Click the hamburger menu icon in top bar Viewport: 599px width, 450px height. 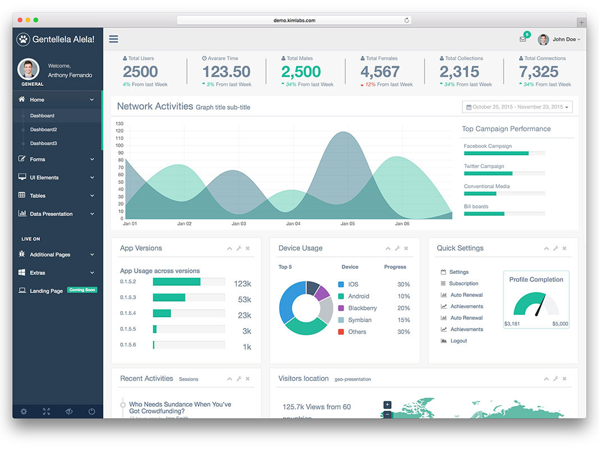click(114, 39)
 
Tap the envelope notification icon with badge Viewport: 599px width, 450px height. click(523, 39)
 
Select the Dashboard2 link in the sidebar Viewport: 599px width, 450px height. click(43, 129)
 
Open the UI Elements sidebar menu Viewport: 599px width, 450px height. click(44, 177)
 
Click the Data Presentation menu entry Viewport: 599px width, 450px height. click(51, 214)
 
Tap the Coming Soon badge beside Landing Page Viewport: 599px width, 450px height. click(82, 290)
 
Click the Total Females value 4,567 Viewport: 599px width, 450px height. click(380, 72)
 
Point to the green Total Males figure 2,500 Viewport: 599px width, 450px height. click(301, 72)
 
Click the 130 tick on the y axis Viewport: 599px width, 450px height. click(119, 123)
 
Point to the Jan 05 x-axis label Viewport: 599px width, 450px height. click(347, 224)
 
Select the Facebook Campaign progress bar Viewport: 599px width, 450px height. click(504, 153)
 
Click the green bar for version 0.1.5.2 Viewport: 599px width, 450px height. click(176, 282)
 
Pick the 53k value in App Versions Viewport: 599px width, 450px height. click(244, 300)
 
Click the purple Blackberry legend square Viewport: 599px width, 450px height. click(341, 308)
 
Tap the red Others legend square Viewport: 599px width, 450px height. click(341, 332)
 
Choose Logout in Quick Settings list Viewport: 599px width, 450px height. click(459, 341)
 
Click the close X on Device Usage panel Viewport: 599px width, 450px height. click(406, 249)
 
